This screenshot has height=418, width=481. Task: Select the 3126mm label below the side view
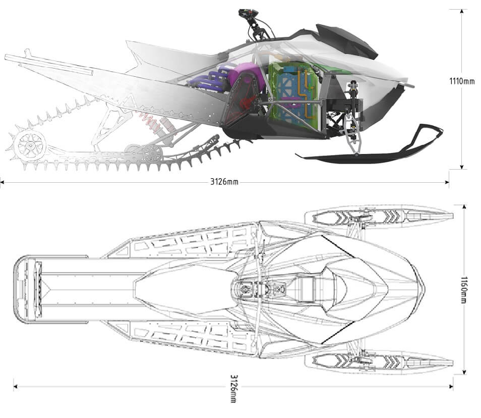(224, 182)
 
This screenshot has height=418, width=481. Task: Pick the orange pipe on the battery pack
(304, 81)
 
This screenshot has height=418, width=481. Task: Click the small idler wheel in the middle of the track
(151, 153)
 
